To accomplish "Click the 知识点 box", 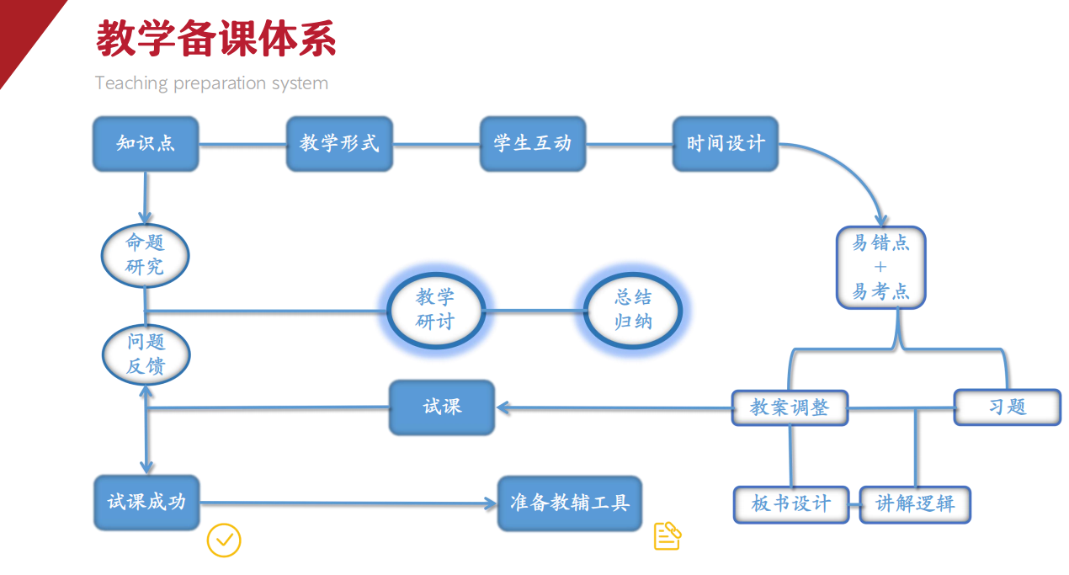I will [x=146, y=144].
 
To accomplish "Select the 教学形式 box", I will [x=339, y=144].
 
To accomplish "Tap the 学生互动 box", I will [x=533, y=144].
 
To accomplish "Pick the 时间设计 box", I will [x=726, y=144].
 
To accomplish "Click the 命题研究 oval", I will [x=145, y=255].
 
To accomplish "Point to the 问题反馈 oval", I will [x=146, y=354].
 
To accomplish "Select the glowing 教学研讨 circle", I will [x=435, y=310].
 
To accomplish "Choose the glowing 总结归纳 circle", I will [x=633, y=310].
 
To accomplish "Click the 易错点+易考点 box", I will [x=880, y=268].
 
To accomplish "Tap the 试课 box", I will [x=442, y=407].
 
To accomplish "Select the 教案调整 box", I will [x=790, y=408].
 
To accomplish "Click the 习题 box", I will [x=1008, y=407].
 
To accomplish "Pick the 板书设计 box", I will [x=790, y=504].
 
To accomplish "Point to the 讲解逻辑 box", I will [x=915, y=504].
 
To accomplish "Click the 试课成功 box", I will [x=146, y=503].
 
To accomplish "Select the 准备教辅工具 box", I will [x=570, y=503].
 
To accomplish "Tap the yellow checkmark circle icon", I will [x=224, y=540].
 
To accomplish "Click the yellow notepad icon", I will [x=667, y=535].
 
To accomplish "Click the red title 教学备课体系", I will [x=216, y=39].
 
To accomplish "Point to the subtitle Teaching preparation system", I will [x=211, y=83].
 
